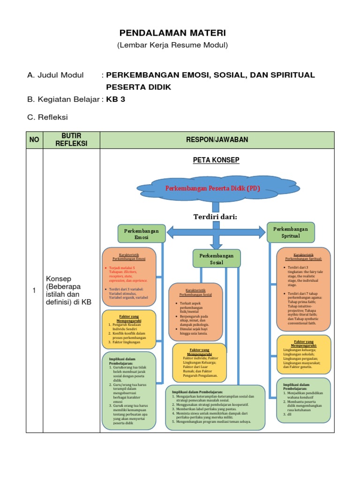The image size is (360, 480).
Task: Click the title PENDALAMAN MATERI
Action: tap(172, 33)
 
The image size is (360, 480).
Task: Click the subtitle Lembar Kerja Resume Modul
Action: tap(172, 45)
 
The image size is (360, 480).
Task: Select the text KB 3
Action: tap(116, 99)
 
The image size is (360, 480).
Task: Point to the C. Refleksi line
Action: tap(48, 117)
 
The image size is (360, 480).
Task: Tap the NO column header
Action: tap(35, 140)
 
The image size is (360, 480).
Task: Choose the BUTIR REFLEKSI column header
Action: tap(71, 140)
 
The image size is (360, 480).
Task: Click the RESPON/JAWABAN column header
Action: tap(217, 140)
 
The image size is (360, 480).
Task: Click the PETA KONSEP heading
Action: tap(216, 160)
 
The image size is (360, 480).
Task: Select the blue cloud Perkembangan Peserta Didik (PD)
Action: tap(213, 188)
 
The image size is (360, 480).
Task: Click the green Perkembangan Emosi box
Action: tap(142, 234)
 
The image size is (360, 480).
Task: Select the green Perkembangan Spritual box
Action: tap(291, 232)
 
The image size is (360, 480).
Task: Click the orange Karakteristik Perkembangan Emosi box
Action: tap(129, 276)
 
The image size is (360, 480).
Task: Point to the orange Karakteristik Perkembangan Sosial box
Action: tap(195, 312)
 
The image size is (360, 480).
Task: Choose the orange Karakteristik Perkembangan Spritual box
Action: tap(303, 289)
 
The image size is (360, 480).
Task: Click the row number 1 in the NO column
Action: tap(34, 291)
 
